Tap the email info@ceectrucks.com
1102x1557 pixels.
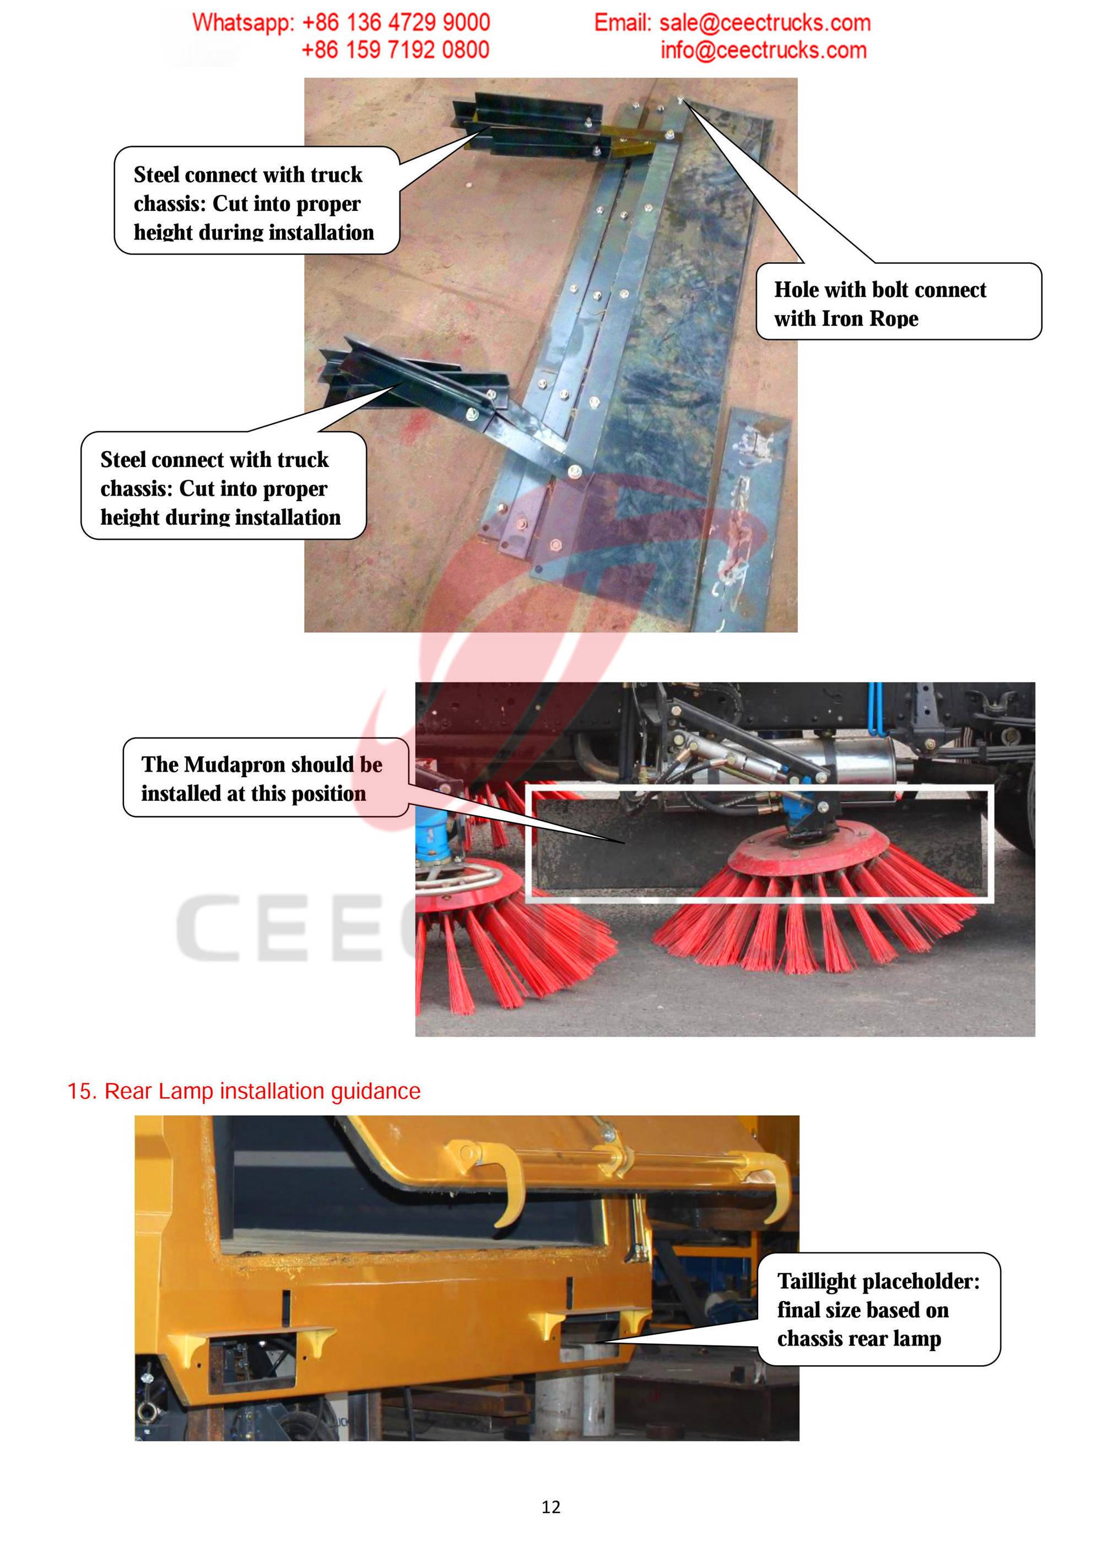(x=763, y=51)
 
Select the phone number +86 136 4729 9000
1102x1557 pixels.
(x=396, y=23)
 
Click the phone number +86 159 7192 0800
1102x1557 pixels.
(x=395, y=50)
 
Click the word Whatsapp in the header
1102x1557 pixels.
(x=241, y=23)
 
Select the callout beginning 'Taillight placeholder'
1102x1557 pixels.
(x=878, y=1310)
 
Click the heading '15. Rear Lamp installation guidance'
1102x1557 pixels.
(x=244, y=1091)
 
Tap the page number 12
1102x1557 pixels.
(x=550, y=1507)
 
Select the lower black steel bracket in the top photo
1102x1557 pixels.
(x=414, y=380)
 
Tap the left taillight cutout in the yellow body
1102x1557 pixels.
(x=252, y=1363)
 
